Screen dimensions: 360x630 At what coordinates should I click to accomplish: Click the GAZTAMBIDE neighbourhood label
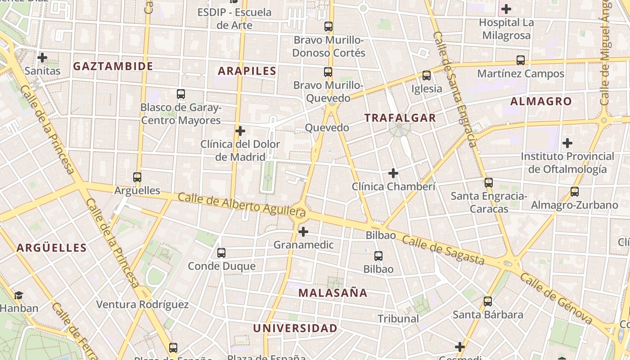coord(113,66)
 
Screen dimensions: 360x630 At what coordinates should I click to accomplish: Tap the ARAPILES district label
coord(247,71)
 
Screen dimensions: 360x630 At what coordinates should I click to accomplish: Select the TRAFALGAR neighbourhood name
coord(400,118)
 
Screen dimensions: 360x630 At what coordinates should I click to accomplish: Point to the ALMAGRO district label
coord(541,101)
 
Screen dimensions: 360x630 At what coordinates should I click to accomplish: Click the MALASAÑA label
coord(333,293)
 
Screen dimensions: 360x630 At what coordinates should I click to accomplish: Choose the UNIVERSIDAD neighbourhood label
coord(295,328)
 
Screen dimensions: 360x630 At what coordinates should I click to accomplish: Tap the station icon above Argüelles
coord(137,177)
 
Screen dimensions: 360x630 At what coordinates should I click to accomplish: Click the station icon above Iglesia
coord(427,76)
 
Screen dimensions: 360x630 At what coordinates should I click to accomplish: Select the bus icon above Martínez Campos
coord(521,60)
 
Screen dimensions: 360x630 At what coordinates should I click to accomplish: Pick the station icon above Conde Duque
coord(221,253)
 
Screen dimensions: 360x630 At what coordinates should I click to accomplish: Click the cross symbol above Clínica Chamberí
coord(393,173)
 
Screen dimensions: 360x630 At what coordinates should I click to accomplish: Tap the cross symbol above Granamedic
coord(304,232)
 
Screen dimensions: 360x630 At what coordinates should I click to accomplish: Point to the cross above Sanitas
coord(42,58)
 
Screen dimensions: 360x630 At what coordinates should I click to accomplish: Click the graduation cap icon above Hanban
coord(18,296)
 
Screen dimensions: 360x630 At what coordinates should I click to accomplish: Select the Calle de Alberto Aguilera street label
coord(242,203)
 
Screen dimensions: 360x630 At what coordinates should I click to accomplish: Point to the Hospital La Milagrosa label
coord(506,29)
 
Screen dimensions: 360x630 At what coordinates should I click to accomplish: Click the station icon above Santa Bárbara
coord(488,301)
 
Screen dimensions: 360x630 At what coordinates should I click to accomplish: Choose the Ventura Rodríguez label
coord(142,305)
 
